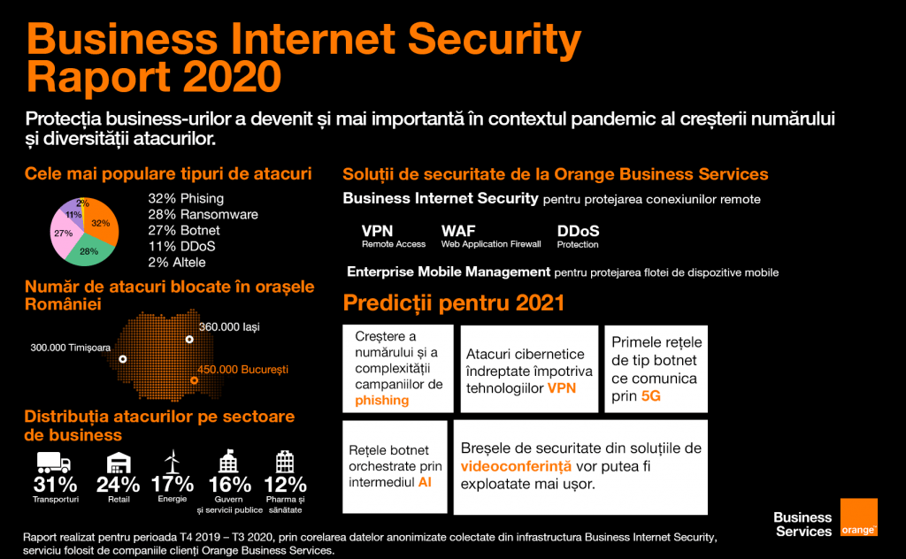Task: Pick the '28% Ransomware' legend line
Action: [x=203, y=214]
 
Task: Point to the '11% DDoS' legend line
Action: [x=181, y=246]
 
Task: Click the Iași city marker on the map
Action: [x=189, y=340]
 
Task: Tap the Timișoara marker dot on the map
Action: [x=122, y=359]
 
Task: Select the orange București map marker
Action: [x=194, y=380]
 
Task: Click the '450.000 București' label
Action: [x=242, y=370]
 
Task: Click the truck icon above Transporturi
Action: [x=54, y=463]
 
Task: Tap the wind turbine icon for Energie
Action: [x=172, y=462]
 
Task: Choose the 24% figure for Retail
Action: [x=118, y=485]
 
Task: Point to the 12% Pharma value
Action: [x=285, y=485]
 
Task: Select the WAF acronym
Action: [x=458, y=231]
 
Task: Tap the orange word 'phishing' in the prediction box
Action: [x=382, y=400]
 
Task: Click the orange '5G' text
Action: [x=650, y=396]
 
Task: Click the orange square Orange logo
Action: [x=858, y=517]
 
